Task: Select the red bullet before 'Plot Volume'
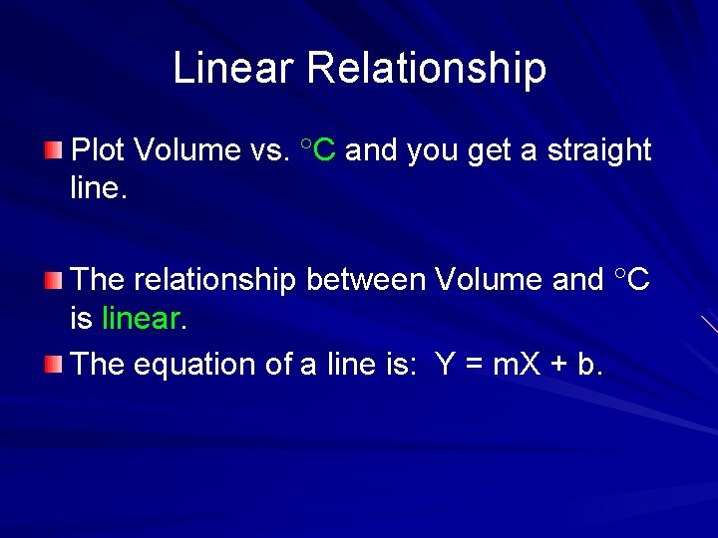[x=53, y=150]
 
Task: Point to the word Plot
[x=100, y=150]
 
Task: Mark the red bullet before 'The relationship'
[x=53, y=280]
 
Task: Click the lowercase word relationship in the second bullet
[x=214, y=280]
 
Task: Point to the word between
[x=365, y=280]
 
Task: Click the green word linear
[x=141, y=319]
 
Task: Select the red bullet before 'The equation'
[x=53, y=364]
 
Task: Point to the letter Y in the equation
[x=446, y=365]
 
